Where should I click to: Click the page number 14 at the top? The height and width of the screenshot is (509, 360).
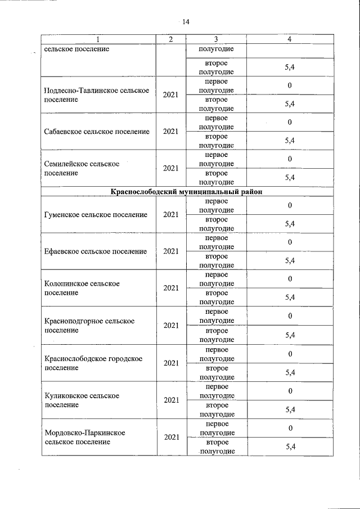(x=186, y=22)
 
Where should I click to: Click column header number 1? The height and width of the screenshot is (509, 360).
(x=98, y=39)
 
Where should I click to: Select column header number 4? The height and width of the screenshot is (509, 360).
(x=290, y=39)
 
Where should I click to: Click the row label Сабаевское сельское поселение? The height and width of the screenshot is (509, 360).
(x=97, y=132)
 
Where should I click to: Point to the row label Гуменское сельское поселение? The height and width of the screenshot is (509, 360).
(x=96, y=214)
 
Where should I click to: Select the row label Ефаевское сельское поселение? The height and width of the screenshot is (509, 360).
(x=95, y=251)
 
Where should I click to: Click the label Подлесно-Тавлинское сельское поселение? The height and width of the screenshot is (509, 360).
(x=96, y=95)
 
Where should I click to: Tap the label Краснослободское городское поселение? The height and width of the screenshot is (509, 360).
(x=93, y=363)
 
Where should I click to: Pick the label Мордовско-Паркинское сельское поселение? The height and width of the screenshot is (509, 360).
(x=84, y=437)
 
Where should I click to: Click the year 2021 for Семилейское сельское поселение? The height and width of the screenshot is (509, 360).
(x=170, y=168)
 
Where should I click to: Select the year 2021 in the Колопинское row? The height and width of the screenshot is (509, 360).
(x=170, y=288)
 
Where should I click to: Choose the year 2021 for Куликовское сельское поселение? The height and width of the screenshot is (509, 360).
(x=170, y=400)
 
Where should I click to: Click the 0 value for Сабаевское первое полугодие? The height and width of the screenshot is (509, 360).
(x=290, y=122)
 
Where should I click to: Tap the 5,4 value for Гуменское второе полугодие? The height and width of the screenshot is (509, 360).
(x=290, y=224)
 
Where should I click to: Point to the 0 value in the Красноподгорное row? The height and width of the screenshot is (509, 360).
(x=290, y=316)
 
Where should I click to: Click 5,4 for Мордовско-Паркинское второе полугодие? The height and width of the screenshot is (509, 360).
(x=290, y=447)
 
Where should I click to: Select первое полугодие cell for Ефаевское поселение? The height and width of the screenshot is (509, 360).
(x=217, y=242)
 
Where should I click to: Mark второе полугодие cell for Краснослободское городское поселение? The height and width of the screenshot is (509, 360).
(x=217, y=372)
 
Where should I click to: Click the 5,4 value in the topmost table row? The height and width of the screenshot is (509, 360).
(x=290, y=67)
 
